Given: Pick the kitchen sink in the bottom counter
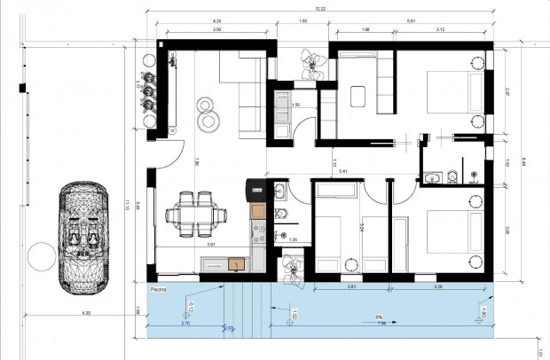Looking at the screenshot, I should click(x=237, y=263).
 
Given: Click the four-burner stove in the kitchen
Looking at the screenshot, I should click(x=259, y=234).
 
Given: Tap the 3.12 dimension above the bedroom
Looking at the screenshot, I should click(x=440, y=31).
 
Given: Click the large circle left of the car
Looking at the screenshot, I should click(x=42, y=257).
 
